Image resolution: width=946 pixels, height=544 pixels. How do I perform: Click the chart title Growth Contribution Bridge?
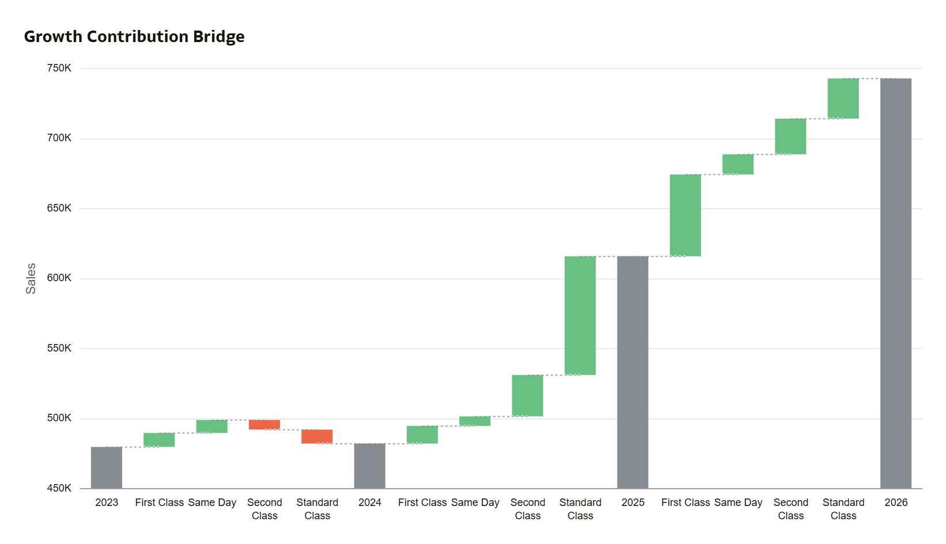[x=134, y=37]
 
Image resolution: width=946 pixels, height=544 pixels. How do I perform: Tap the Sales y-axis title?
[x=31, y=278]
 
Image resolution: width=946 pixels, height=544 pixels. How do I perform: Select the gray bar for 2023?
[x=107, y=467]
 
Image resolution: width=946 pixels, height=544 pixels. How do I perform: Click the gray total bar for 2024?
[x=369, y=466]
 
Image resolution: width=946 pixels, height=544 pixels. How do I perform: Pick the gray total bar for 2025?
[x=633, y=372]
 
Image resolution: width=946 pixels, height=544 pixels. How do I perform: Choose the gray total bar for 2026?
[x=896, y=284]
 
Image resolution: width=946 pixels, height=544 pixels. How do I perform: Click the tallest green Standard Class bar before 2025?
[x=580, y=316]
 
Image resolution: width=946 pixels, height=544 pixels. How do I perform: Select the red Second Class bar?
[x=264, y=425]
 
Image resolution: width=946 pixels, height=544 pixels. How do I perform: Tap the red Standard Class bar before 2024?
[x=317, y=436]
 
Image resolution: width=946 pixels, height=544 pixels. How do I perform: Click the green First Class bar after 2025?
[x=686, y=216]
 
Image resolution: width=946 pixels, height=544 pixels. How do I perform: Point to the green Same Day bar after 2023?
[x=212, y=426]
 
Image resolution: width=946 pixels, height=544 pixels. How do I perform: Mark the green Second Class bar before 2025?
[x=528, y=396]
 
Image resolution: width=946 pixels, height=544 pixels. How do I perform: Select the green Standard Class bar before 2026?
[x=843, y=99]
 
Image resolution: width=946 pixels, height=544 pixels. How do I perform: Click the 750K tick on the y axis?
[x=59, y=68]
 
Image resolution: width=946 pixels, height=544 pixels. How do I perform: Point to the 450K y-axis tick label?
[x=59, y=488]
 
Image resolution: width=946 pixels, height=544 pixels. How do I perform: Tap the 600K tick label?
[x=59, y=278]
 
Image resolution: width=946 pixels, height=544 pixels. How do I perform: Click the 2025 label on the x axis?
[x=633, y=503]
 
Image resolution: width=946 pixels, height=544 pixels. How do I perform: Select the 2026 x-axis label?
[x=896, y=503]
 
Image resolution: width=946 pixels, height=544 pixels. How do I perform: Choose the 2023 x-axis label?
[x=107, y=503]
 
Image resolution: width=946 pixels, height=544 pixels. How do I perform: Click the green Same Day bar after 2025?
[x=738, y=164]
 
